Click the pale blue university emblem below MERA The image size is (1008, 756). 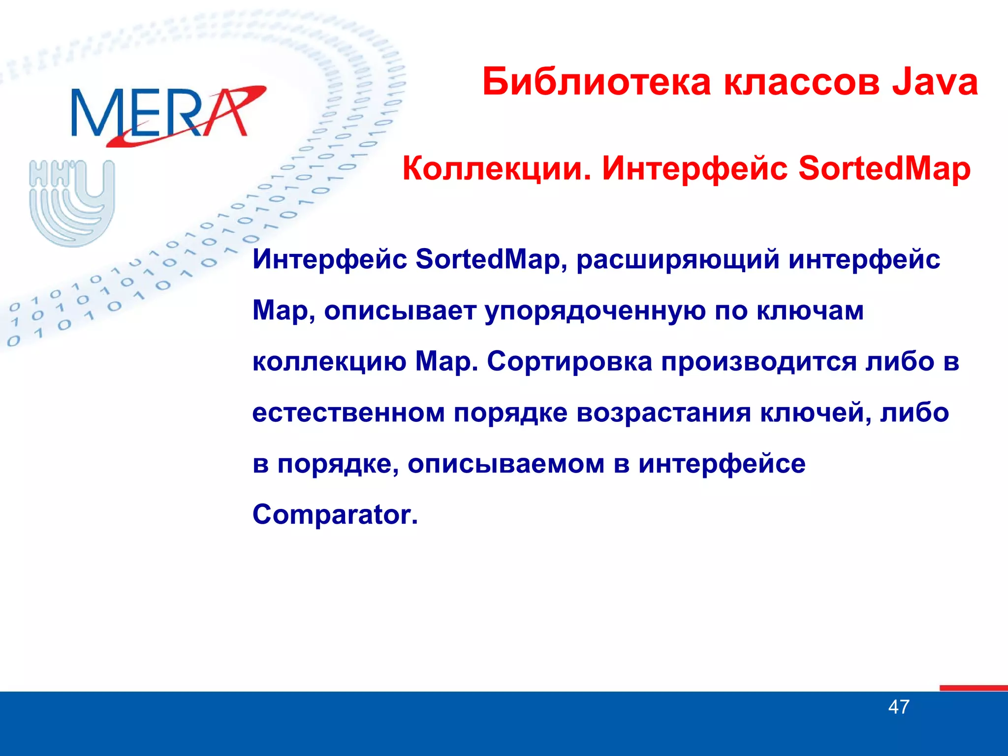72,202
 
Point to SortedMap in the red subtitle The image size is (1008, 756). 884,169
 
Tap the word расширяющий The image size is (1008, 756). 678,260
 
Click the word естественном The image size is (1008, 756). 348,412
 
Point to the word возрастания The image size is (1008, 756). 663,413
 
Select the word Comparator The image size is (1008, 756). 335,515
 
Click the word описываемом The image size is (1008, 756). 506,464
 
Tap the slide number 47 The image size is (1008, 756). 899,707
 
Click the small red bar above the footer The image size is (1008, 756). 973,688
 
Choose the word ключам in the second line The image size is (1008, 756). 810,311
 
